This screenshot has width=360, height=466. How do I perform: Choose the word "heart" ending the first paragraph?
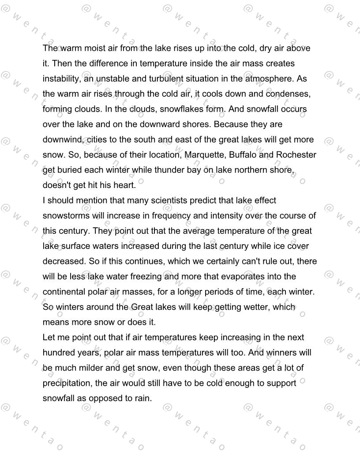(x=125, y=185)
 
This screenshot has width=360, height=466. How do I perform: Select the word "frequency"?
(x=171, y=216)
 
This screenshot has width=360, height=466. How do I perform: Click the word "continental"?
(x=65, y=292)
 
